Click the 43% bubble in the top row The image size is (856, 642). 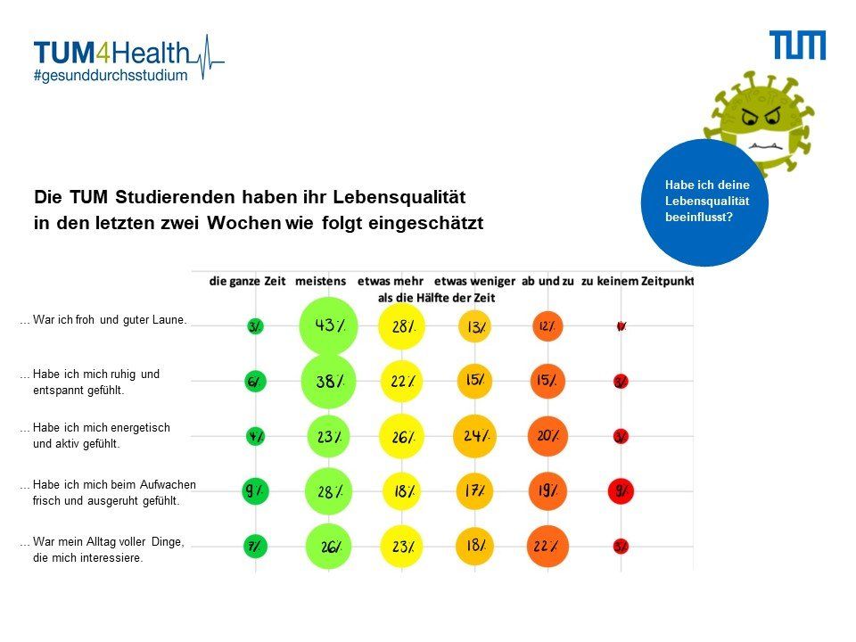[x=328, y=326]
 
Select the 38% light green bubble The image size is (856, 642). [x=328, y=382]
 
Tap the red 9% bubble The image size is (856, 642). [x=621, y=490]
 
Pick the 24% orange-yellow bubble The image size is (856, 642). [x=475, y=436]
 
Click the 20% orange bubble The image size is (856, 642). [x=547, y=436]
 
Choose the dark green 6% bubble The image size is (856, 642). [x=255, y=382]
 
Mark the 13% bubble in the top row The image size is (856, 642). [x=475, y=327]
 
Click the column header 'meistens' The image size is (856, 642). [x=320, y=281]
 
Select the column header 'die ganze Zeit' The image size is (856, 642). [x=248, y=281]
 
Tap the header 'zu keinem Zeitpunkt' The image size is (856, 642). [x=637, y=281]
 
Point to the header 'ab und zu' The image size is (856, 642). [x=547, y=281]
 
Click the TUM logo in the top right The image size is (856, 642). [x=798, y=45]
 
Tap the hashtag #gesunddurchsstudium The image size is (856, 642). [x=111, y=76]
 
